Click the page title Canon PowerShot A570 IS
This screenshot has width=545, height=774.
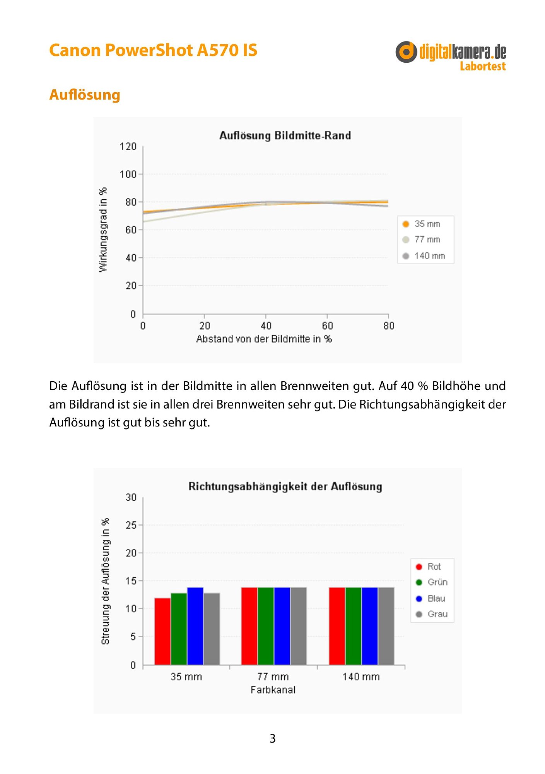[153, 50]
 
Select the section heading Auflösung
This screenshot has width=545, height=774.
[85, 95]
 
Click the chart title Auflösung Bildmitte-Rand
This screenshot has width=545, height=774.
[285, 135]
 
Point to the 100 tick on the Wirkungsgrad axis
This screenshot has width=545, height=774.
[128, 174]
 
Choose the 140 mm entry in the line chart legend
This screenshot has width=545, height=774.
[424, 256]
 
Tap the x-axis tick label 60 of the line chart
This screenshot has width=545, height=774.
[327, 326]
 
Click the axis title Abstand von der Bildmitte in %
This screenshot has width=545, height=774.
[264, 339]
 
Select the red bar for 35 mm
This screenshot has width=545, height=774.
[162, 631]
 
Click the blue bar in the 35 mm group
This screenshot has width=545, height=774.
[195, 626]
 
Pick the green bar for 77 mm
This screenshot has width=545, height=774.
[266, 626]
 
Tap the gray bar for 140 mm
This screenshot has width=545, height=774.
[386, 626]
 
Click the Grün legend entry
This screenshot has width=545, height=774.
[431, 582]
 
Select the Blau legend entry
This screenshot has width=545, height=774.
[430, 599]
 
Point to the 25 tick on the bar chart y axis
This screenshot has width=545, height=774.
[131, 525]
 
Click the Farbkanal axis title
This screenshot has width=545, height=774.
[273, 690]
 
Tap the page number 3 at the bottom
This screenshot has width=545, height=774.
[272, 738]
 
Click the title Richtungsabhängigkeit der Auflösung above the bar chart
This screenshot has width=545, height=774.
[285, 486]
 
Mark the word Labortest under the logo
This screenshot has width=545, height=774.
[483, 66]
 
